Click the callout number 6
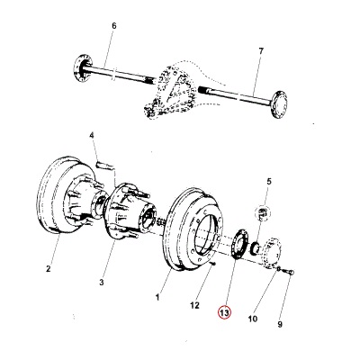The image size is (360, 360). [x=113, y=26]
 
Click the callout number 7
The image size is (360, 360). [x=261, y=52]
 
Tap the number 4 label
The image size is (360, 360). [x=91, y=136]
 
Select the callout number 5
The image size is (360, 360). [x=267, y=183]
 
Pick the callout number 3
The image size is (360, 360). [x=102, y=283]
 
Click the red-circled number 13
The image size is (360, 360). [x=224, y=313]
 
